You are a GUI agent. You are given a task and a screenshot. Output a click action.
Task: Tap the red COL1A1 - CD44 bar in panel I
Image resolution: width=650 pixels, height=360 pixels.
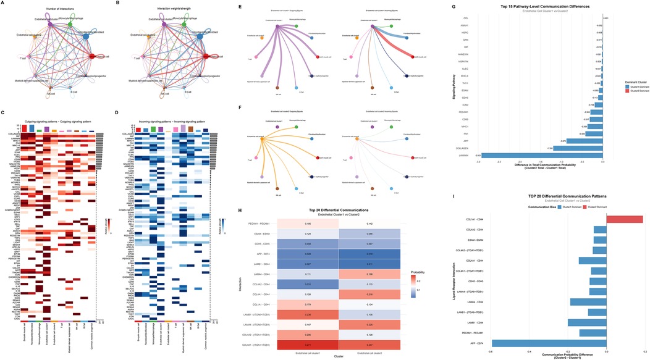tap(625, 219)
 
